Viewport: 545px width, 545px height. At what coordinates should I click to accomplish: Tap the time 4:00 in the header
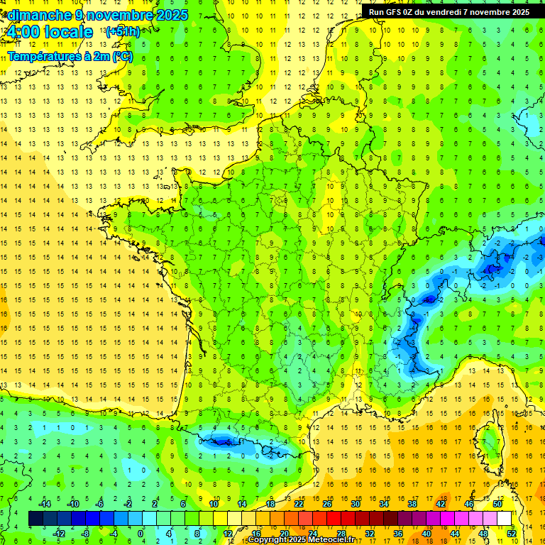26,32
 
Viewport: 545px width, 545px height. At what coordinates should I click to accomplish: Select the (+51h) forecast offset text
122,32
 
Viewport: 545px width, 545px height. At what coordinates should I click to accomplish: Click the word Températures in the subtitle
45,55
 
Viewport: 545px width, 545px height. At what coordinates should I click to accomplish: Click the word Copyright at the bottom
269,540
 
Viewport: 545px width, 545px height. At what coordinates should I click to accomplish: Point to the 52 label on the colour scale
511,533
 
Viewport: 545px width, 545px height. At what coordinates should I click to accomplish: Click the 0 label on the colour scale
141,533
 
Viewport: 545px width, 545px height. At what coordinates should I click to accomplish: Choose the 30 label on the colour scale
355,504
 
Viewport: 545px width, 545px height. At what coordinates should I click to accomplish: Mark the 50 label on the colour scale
497,504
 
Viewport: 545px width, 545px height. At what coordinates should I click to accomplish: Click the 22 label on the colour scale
299,504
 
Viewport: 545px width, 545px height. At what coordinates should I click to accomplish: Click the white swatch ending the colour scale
504,518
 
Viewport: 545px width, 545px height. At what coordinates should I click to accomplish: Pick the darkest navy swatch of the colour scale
35,518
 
